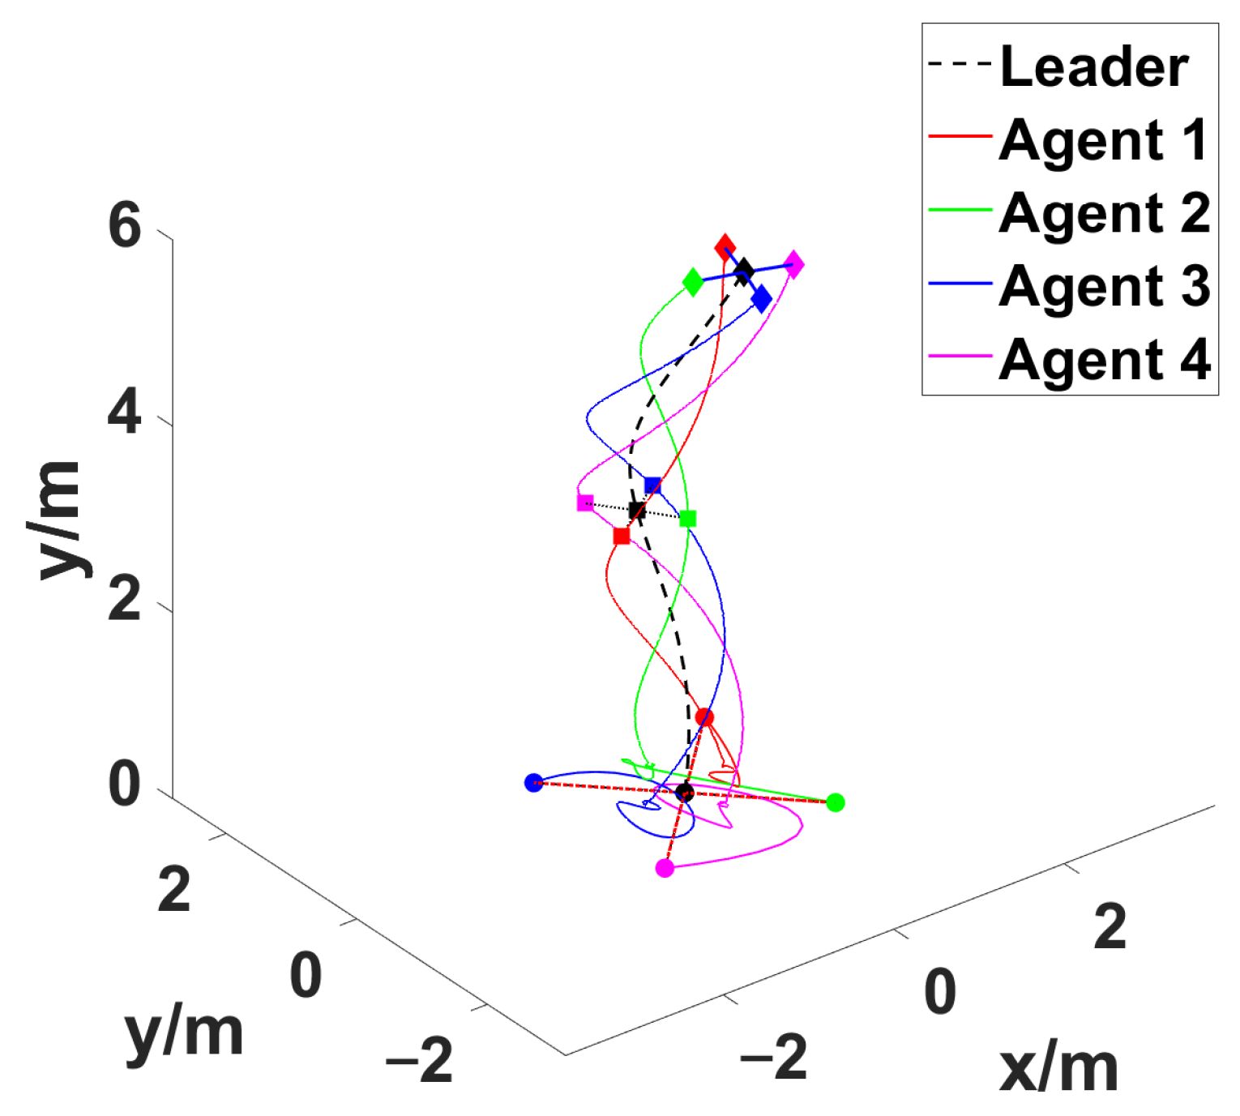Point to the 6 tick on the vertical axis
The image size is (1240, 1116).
pos(125,225)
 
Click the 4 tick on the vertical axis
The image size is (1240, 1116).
pos(125,413)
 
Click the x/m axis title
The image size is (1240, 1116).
pos(1058,1068)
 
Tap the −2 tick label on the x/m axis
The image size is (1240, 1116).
pos(774,1056)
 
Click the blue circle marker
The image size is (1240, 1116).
pos(533,783)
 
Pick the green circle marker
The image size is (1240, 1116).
pos(836,802)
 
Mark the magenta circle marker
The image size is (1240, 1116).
pos(665,868)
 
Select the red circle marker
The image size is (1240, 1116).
pos(704,717)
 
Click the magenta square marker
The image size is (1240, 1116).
pos(585,503)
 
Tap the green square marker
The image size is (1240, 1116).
pos(687,519)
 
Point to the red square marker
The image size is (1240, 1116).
pos(622,537)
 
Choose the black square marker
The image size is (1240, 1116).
pos(637,511)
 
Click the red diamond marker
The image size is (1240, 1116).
pos(725,247)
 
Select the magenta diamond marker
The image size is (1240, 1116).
pos(794,264)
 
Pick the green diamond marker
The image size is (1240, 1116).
pos(693,283)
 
